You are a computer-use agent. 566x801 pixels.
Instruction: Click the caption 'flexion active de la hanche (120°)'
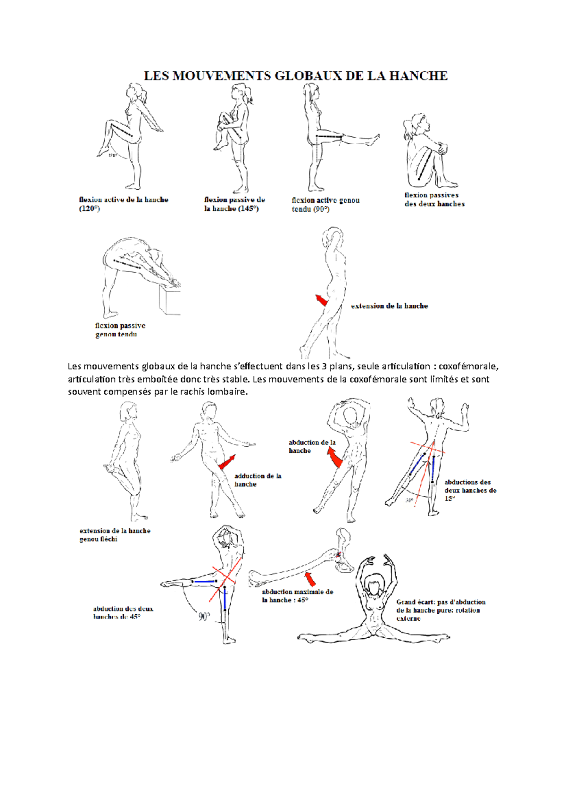tap(123, 204)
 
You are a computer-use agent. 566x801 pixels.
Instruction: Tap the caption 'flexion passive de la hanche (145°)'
tap(234, 204)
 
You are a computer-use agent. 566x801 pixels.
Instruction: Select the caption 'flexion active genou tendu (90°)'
tap(325, 205)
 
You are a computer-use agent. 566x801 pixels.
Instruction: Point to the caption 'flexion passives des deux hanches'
tap(434, 200)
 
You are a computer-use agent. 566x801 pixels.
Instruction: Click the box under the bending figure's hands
tap(170, 300)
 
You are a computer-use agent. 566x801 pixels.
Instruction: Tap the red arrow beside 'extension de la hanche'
tap(322, 300)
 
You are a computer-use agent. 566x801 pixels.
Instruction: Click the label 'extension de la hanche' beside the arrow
tap(389, 306)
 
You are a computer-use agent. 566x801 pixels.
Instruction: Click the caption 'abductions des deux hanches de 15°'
tap(470, 490)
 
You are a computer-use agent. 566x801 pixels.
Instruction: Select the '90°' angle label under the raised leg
tap(204, 617)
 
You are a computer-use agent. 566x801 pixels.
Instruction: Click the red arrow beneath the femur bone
tap(310, 578)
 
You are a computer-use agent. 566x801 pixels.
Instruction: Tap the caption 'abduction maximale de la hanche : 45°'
tap(297, 596)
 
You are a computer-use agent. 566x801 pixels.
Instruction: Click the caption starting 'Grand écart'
tap(440, 610)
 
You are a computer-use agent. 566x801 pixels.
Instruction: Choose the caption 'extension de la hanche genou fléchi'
tap(115, 535)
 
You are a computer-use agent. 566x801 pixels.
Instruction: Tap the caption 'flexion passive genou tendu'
tap(120, 330)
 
